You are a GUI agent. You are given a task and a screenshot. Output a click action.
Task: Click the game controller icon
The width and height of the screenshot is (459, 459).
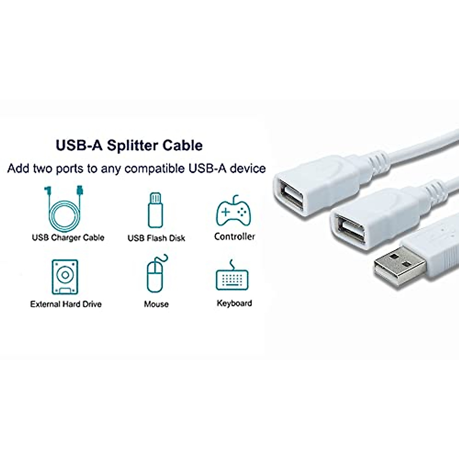pyautogui.click(x=234, y=212)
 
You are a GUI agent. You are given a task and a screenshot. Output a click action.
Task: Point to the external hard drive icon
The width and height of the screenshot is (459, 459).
pyautogui.click(x=65, y=277)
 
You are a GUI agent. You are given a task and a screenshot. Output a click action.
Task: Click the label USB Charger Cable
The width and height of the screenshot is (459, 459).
pyautogui.click(x=68, y=238)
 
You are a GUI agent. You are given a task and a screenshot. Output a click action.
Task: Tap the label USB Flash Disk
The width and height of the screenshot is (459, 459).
pyautogui.click(x=156, y=238)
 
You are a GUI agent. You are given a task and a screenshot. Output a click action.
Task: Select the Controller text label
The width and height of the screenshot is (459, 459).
pyautogui.click(x=234, y=237)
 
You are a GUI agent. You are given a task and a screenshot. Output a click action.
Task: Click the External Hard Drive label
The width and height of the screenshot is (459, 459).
pyautogui.click(x=66, y=304)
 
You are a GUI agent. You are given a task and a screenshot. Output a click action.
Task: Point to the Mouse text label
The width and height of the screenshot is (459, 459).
pyautogui.click(x=156, y=304)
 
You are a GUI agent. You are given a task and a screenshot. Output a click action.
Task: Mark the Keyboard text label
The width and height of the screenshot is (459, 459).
pyautogui.click(x=234, y=303)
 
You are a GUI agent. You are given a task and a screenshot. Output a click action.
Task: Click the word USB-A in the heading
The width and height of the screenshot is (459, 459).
pyautogui.click(x=79, y=146)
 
